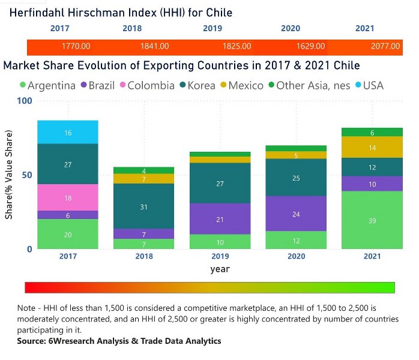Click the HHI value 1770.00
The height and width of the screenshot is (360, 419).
tap(76, 46)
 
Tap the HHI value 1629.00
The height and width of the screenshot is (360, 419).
tap(310, 46)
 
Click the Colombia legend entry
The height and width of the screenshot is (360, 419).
tap(146, 86)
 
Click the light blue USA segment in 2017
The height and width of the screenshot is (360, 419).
tap(68, 133)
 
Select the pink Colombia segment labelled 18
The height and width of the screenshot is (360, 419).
tap(68, 197)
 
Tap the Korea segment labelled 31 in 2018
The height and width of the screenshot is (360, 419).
tap(144, 206)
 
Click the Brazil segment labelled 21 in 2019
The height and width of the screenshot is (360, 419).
tap(220, 219)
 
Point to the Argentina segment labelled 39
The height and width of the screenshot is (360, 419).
tap(372, 220)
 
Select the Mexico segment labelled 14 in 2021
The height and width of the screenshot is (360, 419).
tap(372, 148)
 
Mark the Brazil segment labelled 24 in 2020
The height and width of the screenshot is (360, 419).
tap(296, 214)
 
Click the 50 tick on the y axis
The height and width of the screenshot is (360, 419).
tap(25, 175)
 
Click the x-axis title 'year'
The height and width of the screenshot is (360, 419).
tap(220, 269)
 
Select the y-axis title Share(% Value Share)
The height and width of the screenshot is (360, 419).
tap(9, 175)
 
